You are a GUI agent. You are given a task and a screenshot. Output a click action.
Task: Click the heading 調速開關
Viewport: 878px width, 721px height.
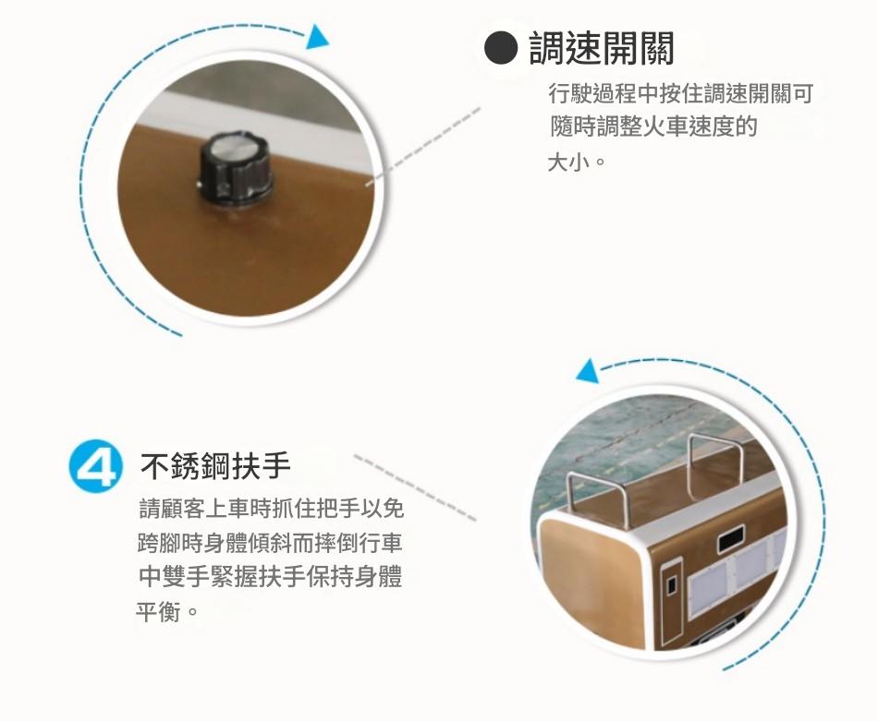click(601, 49)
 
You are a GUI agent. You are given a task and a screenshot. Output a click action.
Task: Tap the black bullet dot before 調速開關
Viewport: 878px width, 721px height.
click(500, 48)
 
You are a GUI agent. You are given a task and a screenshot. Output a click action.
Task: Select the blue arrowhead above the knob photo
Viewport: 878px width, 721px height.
click(318, 37)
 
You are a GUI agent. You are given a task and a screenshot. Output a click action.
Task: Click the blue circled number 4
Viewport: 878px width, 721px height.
click(96, 466)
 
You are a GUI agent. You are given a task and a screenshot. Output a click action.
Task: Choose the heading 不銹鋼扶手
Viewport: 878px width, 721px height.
click(215, 465)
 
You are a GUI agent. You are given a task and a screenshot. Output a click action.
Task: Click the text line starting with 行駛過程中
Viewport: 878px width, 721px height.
click(680, 93)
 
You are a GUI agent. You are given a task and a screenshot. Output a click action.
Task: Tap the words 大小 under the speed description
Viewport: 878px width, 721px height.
click(568, 162)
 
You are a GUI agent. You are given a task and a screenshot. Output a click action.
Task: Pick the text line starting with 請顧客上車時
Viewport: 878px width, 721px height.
click(271, 509)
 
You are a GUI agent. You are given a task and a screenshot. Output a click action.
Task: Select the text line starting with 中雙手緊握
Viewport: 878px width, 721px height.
click(271, 577)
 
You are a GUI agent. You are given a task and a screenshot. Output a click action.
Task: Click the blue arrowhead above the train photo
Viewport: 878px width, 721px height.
click(588, 371)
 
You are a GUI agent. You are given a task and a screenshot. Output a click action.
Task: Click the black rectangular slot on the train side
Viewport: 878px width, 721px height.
click(731, 539)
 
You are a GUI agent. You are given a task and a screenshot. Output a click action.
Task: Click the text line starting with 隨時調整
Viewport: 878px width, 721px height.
click(652, 127)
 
